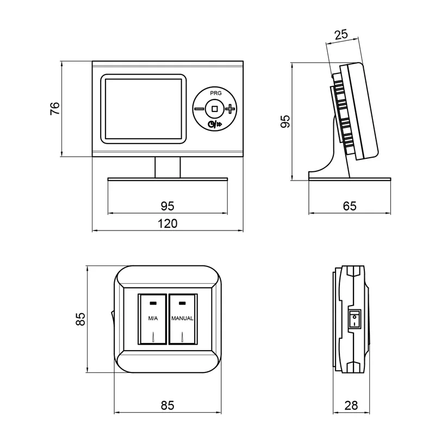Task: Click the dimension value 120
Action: pos(167,223)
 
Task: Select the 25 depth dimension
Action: pos(341,36)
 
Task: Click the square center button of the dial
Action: pos(215,109)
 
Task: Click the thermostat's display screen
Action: pos(144,109)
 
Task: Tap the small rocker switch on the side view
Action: pos(353,318)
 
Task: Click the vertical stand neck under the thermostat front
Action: pos(167,167)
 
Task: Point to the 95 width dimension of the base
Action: pos(167,206)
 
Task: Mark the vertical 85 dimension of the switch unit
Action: pos(81,319)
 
